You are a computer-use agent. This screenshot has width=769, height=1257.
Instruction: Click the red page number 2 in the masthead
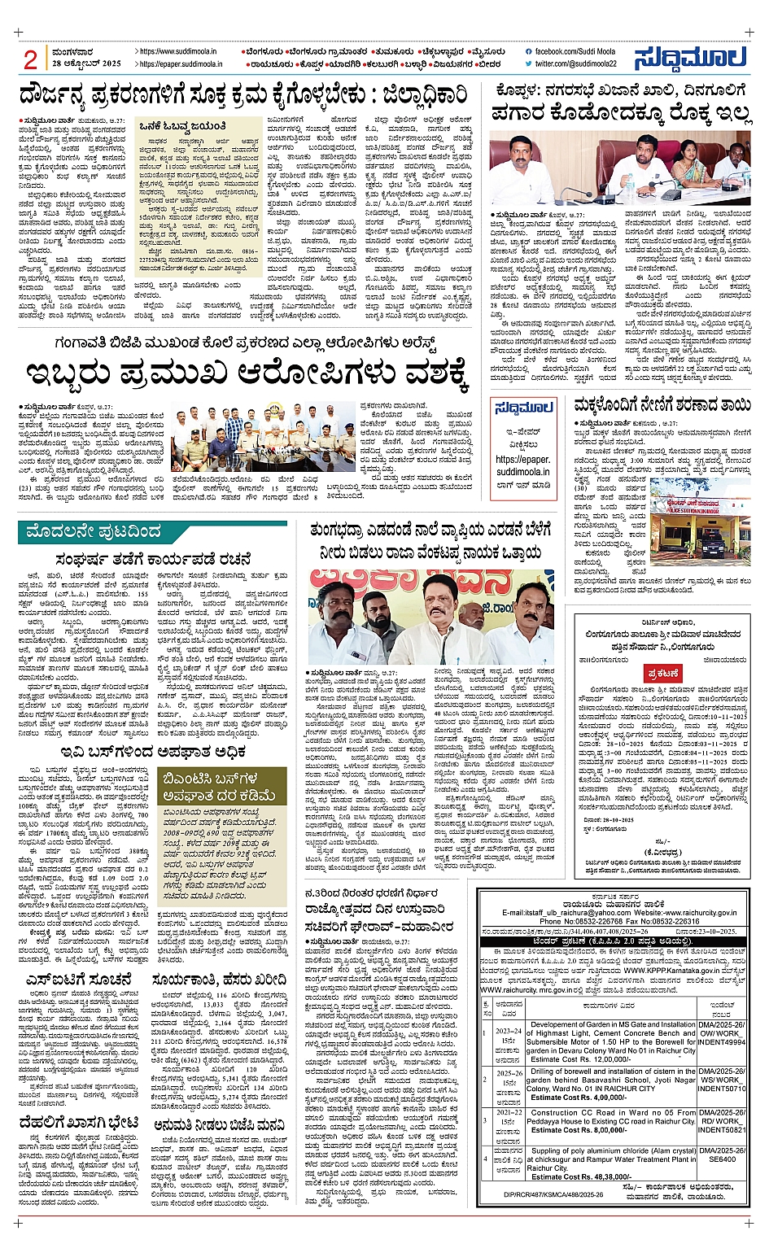point(32,59)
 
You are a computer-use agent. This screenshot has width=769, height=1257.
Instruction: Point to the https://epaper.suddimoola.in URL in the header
point(178,63)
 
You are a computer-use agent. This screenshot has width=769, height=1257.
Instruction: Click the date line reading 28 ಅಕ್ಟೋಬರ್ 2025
point(85,63)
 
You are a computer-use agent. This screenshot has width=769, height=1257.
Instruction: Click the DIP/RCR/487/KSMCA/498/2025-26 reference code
point(553,1194)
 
